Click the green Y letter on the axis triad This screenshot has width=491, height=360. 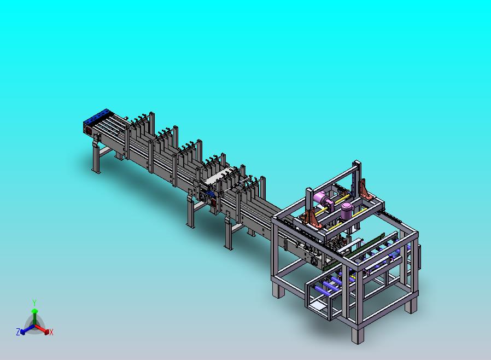coord(34,303)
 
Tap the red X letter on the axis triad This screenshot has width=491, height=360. coord(51,333)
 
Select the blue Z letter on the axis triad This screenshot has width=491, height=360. coord(18,332)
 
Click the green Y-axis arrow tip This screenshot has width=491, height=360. coord(34,311)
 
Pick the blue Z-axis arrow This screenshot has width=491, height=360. coord(27,329)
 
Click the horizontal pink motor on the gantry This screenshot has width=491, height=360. coord(322,199)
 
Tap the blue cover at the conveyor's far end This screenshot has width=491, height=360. coord(97,116)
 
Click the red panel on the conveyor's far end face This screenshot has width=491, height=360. coord(89,131)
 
